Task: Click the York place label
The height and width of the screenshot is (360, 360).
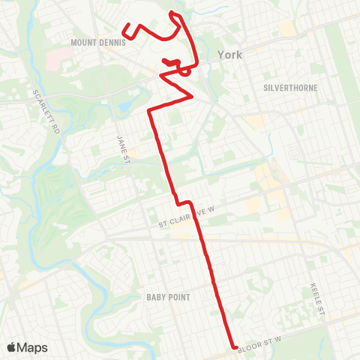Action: click(x=229, y=54)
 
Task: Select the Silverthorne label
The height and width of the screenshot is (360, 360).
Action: click(x=291, y=88)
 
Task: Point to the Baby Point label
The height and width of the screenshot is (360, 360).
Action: click(x=169, y=297)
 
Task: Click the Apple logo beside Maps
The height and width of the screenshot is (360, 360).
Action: click(x=12, y=347)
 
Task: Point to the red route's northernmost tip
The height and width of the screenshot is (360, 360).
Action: click(x=173, y=13)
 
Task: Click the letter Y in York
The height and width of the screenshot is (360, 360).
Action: click(x=220, y=54)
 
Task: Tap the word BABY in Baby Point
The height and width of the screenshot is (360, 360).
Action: click(x=157, y=297)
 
